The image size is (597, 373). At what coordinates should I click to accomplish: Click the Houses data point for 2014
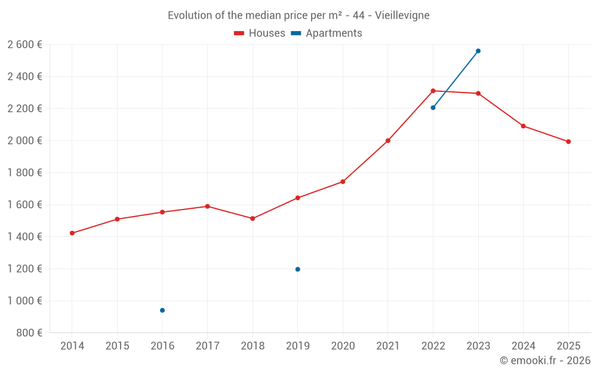pyautogui.click(x=72, y=233)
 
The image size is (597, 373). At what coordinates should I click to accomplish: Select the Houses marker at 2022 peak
pyautogui.click(x=433, y=91)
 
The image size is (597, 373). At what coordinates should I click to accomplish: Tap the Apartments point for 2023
pyautogui.click(x=478, y=51)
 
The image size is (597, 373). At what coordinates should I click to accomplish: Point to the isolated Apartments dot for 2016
pyautogui.click(x=162, y=310)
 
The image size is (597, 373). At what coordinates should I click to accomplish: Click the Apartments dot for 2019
pyautogui.click(x=298, y=269)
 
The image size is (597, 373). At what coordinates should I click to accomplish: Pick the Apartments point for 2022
pyautogui.click(x=433, y=107)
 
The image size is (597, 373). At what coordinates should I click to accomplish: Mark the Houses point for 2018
pyautogui.click(x=253, y=218)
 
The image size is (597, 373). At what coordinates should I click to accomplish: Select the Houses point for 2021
pyautogui.click(x=388, y=141)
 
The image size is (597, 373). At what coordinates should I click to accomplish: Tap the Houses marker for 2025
pyautogui.click(x=568, y=141)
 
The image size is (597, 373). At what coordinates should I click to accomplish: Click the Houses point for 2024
pyautogui.click(x=524, y=126)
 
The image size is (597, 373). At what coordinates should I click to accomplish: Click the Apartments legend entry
pyautogui.click(x=333, y=33)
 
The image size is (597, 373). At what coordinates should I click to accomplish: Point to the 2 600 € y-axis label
pyautogui.click(x=24, y=45)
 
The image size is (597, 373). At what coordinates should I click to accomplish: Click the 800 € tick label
pyautogui.click(x=29, y=333)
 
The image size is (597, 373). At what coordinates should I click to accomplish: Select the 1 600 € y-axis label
pyautogui.click(x=24, y=205)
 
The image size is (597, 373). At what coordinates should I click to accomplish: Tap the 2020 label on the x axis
pyautogui.click(x=343, y=346)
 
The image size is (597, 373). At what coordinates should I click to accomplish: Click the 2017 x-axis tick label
pyautogui.click(x=207, y=346)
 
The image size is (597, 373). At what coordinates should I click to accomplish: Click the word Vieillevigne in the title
pyautogui.click(x=402, y=16)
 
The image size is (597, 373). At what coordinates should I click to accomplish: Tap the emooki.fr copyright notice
pyautogui.click(x=545, y=360)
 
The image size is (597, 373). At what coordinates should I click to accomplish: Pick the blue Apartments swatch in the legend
pyautogui.click(x=296, y=33)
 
